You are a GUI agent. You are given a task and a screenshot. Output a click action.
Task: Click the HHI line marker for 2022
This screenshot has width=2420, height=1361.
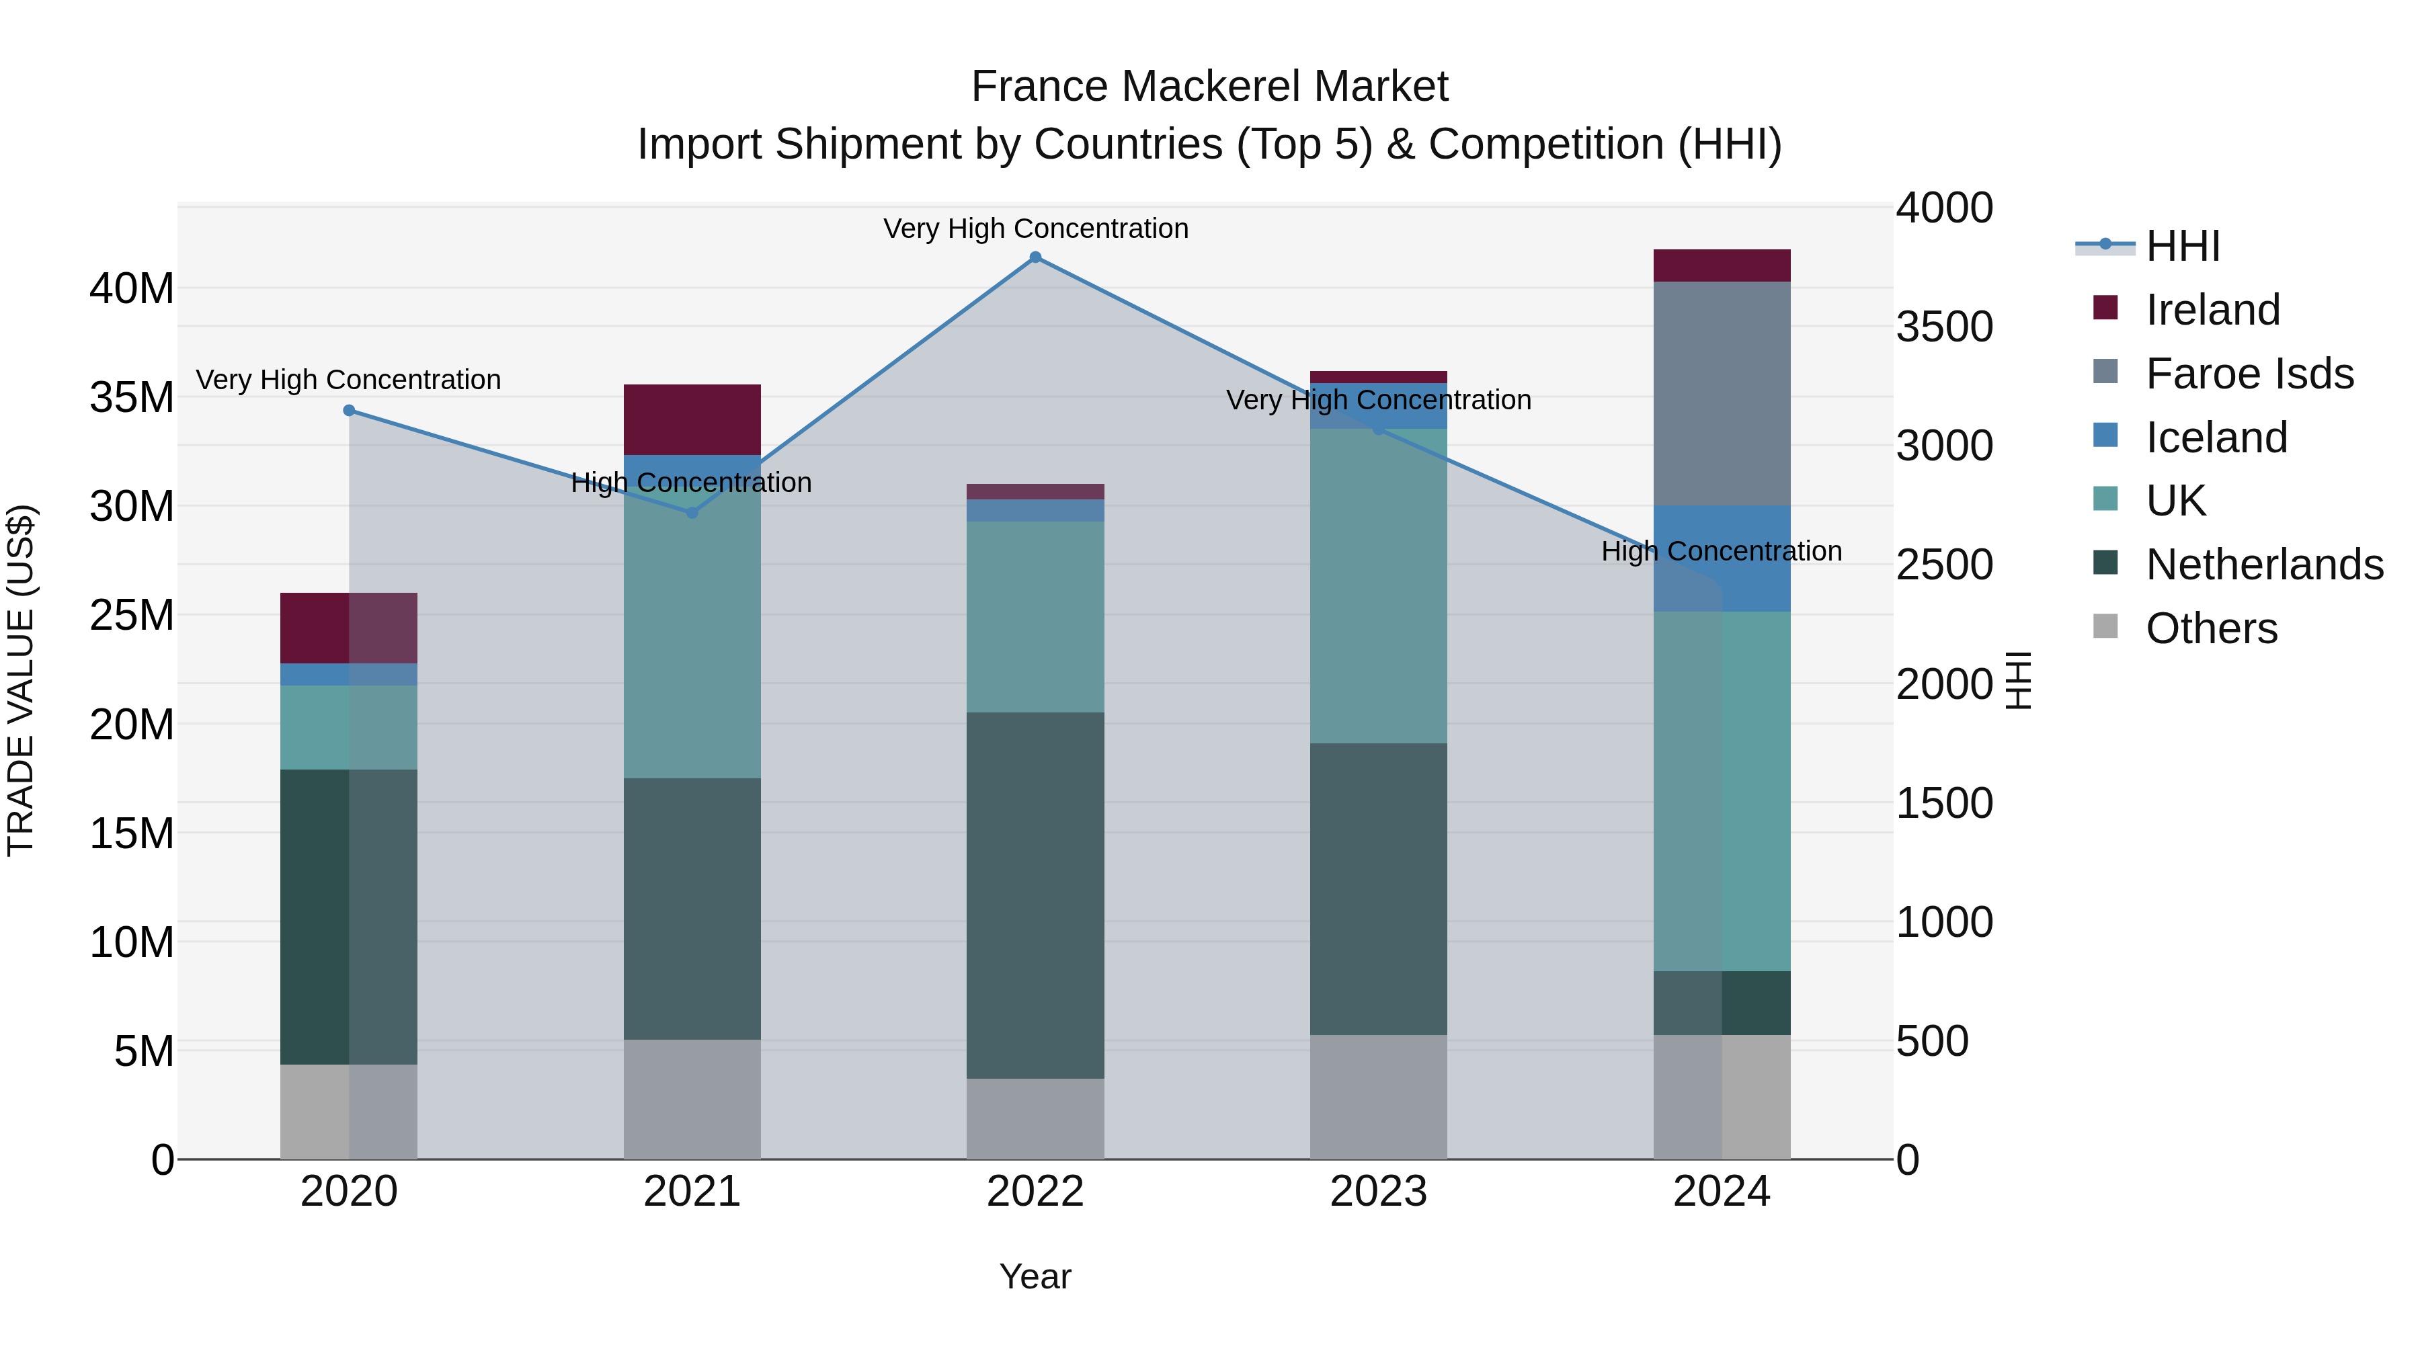[x=1035, y=257]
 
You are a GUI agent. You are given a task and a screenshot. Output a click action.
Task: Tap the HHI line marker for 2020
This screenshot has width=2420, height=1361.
[x=348, y=411]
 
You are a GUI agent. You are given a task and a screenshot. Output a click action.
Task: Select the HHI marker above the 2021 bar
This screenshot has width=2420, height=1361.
[x=692, y=513]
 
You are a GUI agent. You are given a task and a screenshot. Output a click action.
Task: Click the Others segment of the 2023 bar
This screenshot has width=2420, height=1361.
[x=1378, y=1096]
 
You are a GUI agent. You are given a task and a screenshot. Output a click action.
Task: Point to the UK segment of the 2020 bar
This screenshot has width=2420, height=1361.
[x=348, y=727]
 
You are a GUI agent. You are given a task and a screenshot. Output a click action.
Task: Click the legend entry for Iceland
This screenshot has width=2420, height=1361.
[x=2215, y=438]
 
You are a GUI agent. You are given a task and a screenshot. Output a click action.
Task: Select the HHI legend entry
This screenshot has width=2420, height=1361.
[x=2181, y=246]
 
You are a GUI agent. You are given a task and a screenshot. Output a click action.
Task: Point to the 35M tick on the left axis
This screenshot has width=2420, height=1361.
[x=132, y=397]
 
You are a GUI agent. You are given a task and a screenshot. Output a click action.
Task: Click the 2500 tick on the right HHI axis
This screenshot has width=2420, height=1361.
[x=1943, y=565]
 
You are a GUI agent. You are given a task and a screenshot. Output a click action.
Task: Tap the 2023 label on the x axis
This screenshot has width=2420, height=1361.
[x=1378, y=1192]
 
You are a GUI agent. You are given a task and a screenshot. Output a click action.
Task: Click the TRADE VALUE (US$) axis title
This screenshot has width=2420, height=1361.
[x=21, y=680]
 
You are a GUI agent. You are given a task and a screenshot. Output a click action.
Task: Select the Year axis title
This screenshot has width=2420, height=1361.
[x=1035, y=1276]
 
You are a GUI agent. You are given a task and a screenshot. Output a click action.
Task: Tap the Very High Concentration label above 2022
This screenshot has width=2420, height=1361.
[x=1035, y=229]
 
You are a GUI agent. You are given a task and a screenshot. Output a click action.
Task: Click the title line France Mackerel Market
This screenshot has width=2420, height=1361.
[x=1209, y=87]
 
